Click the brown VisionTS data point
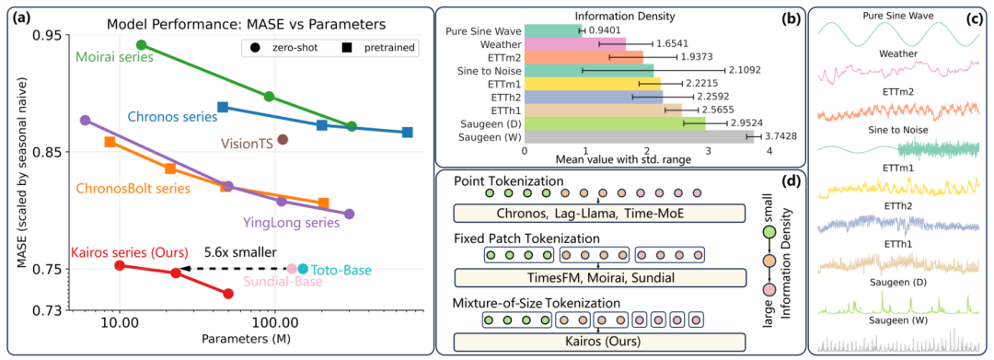pos(283,139)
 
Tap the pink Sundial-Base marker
pos(292,269)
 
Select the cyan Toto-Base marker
pos(303,269)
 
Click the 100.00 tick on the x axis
pos(275,324)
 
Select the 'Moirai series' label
pos(115,57)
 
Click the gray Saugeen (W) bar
pos(639,136)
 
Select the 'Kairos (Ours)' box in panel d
pos(598,342)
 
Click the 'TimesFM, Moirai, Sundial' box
pos(598,277)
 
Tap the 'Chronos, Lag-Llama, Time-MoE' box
pos(598,213)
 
